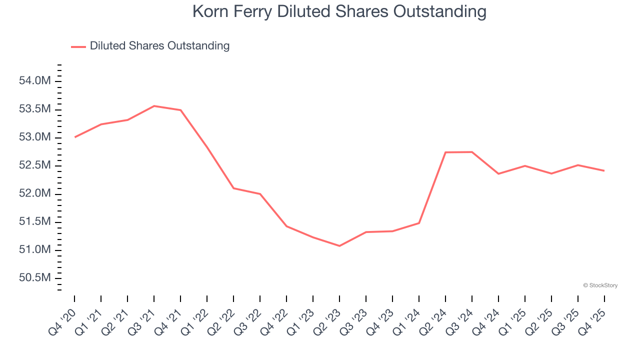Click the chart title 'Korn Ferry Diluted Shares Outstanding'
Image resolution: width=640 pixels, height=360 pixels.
tap(339, 12)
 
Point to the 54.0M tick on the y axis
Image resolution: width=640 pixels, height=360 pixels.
tap(34, 81)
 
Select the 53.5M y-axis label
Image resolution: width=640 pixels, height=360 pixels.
tap(34, 109)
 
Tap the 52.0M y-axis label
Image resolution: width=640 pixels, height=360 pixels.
tap(34, 193)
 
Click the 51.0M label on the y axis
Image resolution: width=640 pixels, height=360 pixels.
tap(34, 249)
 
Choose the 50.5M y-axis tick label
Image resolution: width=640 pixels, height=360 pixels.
tap(34, 277)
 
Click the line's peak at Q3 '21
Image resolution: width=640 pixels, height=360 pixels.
tap(154, 106)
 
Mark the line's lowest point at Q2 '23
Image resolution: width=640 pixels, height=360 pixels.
tap(339, 246)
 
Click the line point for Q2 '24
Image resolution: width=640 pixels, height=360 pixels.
tap(445, 152)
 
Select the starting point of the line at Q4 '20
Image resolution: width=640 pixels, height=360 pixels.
tap(74, 137)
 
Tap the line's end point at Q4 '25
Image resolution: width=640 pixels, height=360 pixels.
tap(604, 171)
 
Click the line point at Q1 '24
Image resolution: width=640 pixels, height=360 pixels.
tap(419, 223)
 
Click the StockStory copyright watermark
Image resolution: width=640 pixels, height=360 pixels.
tap(600, 285)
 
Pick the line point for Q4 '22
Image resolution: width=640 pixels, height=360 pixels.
tap(286, 226)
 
